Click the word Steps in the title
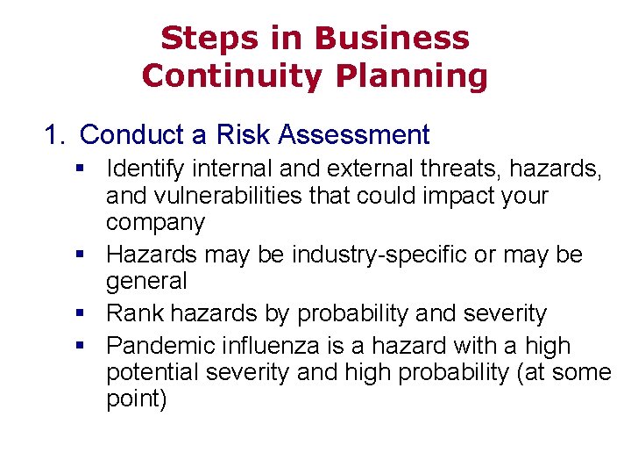click(x=197, y=39)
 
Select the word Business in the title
click(x=392, y=39)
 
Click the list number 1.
click(x=54, y=135)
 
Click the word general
click(x=146, y=282)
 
